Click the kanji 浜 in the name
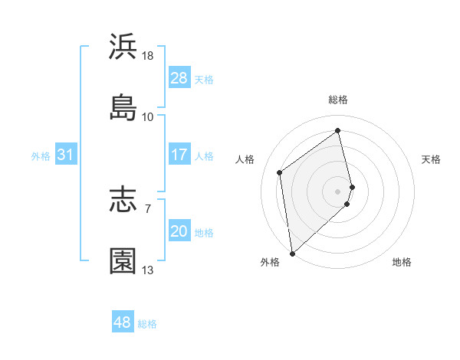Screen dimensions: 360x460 pos(123,47)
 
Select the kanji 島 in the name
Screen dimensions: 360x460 pos(123,107)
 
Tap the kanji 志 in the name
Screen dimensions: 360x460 pos(123,200)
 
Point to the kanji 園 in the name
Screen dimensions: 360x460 pos(123,260)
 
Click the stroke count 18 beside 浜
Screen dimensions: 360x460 pos(148,56)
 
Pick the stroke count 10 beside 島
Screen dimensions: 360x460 pos(148,116)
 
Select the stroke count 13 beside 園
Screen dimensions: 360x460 pos(148,270)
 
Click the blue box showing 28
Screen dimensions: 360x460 pos(179,78)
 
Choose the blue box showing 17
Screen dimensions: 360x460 pos(179,155)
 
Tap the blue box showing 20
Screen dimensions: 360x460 pos(179,232)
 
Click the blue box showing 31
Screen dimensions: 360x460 pos(66,155)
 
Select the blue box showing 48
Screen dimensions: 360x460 pos(123,322)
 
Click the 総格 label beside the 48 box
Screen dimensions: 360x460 pos(147,324)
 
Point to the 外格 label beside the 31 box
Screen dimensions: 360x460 pos(41,156)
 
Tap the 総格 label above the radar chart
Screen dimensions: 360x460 pos(338,100)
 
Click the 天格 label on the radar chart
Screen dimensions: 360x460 pos(431,159)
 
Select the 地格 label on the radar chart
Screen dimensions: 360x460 pos(402,263)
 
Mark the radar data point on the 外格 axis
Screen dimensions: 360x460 pos(292,253)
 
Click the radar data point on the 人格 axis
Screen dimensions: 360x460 pos(280,172)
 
